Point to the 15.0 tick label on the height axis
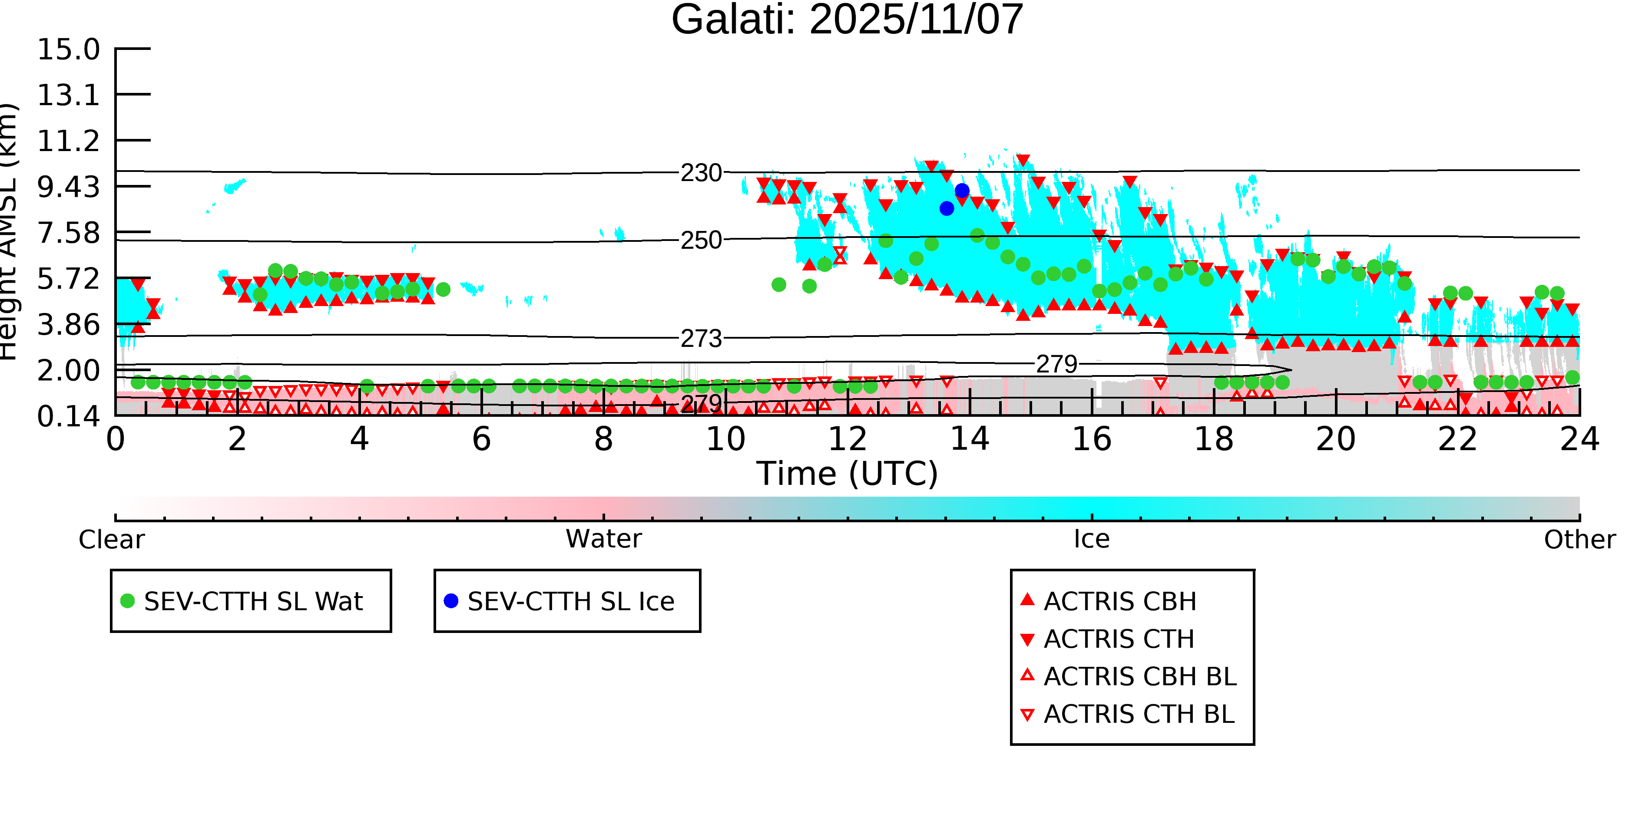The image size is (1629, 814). [68, 50]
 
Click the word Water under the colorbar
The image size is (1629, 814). [604, 539]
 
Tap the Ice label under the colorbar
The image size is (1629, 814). [1092, 539]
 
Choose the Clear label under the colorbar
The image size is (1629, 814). [111, 540]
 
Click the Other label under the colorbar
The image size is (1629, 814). [1579, 540]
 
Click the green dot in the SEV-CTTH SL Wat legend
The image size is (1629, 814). [128, 601]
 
